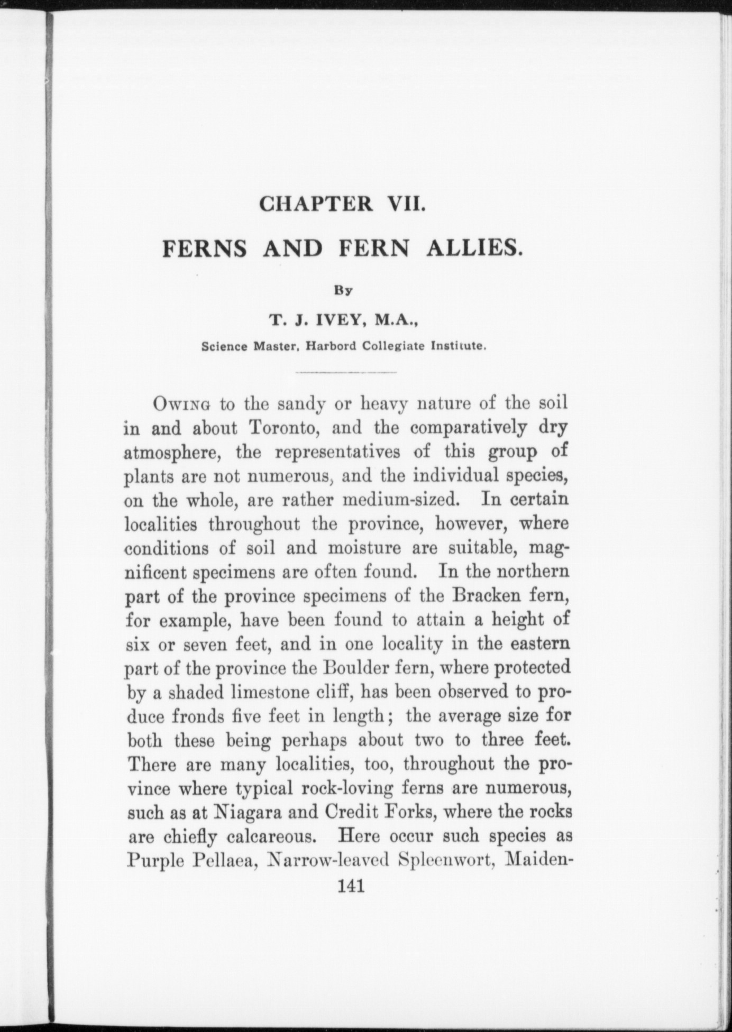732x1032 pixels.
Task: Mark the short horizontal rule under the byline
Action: (x=346, y=373)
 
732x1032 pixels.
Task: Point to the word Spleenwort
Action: (x=446, y=861)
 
